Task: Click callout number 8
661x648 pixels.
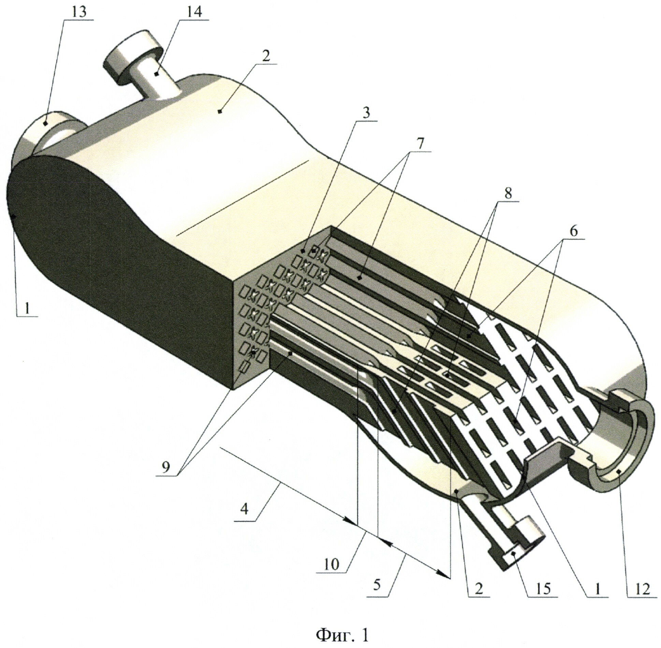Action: click(x=508, y=194)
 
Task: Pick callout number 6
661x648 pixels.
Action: click(x=573, y=232)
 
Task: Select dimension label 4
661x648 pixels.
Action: click(x=244, y=510)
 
